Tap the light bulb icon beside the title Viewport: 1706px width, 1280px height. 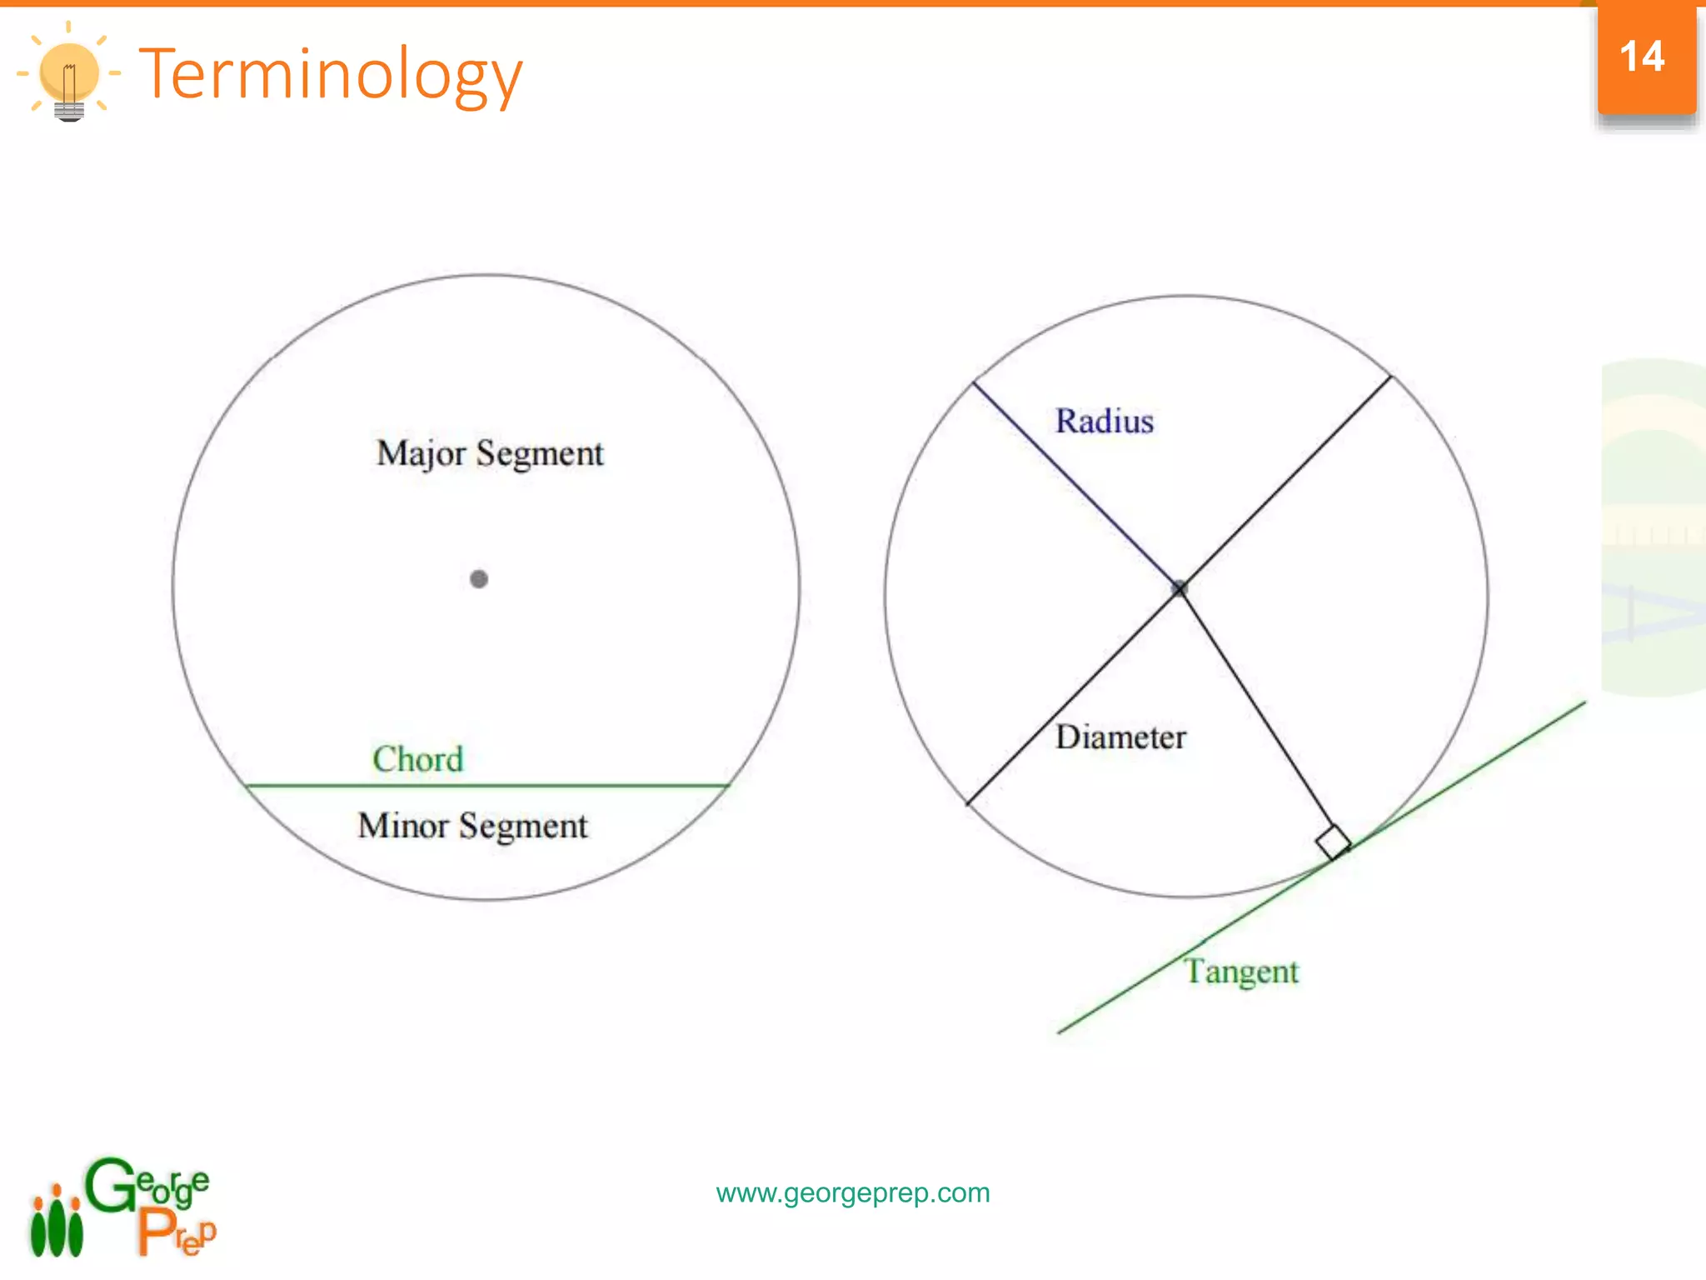click(x=69, y=74)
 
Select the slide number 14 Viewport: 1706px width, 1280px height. click(x=1642, y=57)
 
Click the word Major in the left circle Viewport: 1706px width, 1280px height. click(x=421, y=454)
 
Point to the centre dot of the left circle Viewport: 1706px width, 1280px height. click(x=479, y=579)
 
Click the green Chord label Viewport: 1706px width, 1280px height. click(x=417, y=759)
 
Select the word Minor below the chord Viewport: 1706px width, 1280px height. click(x=403, y=826)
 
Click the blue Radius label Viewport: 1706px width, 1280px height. click(x=1105, y=421)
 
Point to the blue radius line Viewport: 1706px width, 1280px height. click(x=1075, y=483)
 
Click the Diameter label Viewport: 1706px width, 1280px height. click(x=1120, y=737)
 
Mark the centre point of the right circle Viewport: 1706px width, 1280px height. click(x=1180, y=588)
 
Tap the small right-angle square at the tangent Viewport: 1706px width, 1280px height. click(x=1333, y=842)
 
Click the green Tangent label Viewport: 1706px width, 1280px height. click(x=1241, y=972)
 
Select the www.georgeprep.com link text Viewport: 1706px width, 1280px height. click(x=853, y=1192)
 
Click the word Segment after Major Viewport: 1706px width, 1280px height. click(x=540, y=454)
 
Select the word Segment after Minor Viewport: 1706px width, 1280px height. click(x=523, y=826)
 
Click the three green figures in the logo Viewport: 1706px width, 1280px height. click(x=57, y=1223)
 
